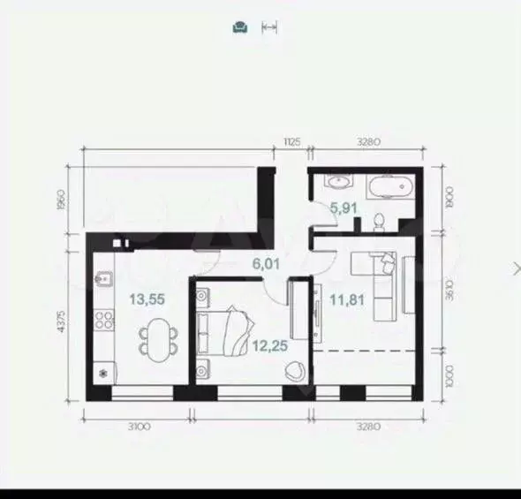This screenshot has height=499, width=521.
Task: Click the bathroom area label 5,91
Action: [344, 209]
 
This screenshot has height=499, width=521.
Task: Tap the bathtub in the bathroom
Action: [389, 187]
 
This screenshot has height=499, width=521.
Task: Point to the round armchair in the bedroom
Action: [293, 372]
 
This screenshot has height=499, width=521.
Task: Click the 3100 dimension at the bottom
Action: [138, 427]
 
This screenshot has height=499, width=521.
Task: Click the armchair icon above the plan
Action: [240, 27]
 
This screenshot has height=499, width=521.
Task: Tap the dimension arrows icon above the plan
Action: [270, 27]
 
